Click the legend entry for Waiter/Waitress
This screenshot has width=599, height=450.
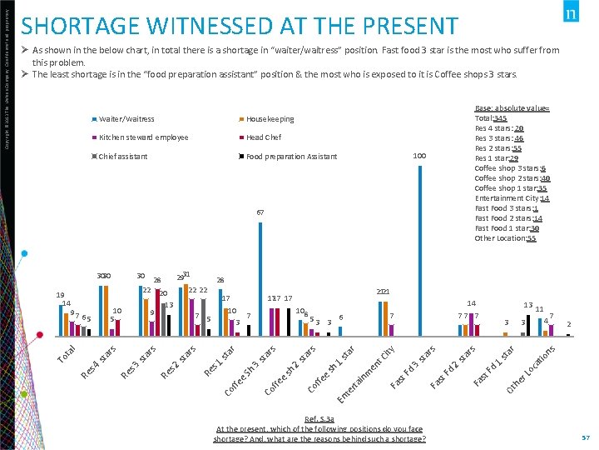tap(126, 119)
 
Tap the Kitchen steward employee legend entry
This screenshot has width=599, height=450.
tap(143, 137)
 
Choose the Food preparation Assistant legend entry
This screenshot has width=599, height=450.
tap(291, 157)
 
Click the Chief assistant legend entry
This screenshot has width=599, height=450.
tap(123, 157)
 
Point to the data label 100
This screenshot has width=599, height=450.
tap(420, 156)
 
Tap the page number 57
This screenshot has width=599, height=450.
tap(586, 437)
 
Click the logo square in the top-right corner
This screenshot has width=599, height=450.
tap(572, 14)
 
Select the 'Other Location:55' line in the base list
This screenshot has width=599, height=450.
tap(506, 238)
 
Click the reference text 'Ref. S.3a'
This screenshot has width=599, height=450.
tap(319, 419)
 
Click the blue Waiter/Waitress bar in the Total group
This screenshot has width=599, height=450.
tap(62, 320)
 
